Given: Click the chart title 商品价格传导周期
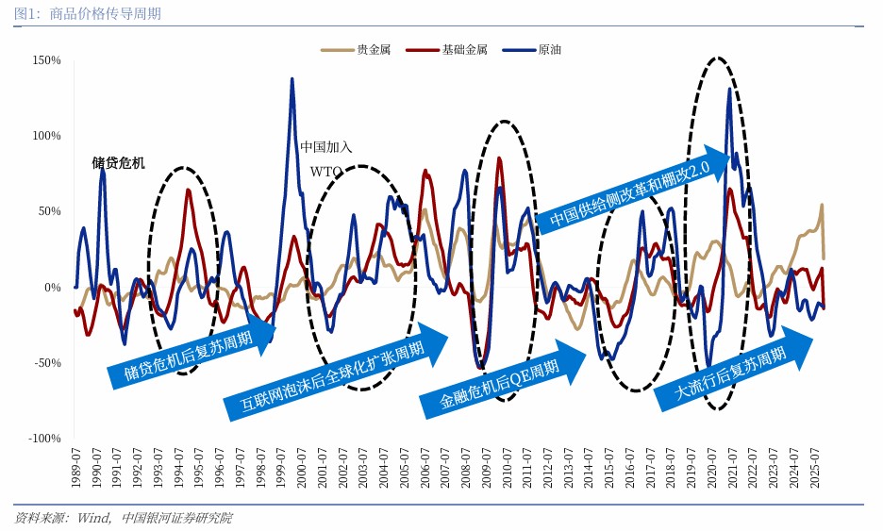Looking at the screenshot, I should pyautogui.click(x=104, y=14).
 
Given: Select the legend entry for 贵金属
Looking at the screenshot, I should pyautogui.click(x=348, y=49).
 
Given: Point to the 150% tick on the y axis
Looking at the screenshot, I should pyautogui.click(x=46, y=60).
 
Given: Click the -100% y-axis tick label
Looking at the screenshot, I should pyautogui.click(x=44, y=439).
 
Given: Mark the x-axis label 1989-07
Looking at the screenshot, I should pyautogui.click(x=75, y=468).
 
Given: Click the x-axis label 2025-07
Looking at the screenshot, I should pyautogui.click(x=818, y=468).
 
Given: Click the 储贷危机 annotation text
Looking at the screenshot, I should pyautogui.click(x=119, y=162).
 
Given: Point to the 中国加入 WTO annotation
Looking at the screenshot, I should pyautogui.click(x=326, y=158).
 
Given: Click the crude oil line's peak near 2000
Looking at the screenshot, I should pyautogui.click(x=292, y=79).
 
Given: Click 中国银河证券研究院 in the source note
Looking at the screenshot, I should pyautogui.click(x=177, y=518).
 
